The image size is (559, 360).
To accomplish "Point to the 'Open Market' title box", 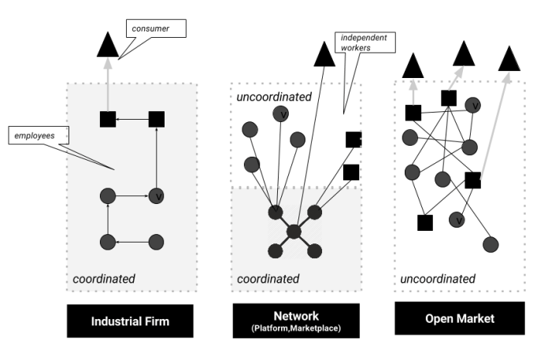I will point(459,318).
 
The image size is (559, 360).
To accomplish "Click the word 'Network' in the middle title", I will point(296,314).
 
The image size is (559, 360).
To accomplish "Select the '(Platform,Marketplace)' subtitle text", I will point(296,328).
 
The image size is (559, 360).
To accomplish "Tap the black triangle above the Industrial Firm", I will point(108,46).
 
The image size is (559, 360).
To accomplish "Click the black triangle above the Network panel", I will point(324,56).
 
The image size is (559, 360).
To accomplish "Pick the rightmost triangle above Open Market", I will point(510,58).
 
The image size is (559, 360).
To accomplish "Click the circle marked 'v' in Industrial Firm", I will point(156,195).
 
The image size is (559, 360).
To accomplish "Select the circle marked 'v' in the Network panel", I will point(279,115).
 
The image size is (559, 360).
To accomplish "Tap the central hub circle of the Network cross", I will point(294,232).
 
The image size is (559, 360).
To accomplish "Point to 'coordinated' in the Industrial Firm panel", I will point(103,278).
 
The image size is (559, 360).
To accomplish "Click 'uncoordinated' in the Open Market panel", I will point(438,278).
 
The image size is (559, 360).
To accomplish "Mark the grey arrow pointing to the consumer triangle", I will point(108,85).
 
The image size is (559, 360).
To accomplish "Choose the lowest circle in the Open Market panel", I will point(491,244).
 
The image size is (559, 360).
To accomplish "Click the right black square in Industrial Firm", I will point(156,119).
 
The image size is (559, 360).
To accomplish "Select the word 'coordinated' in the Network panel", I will point(268,278).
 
